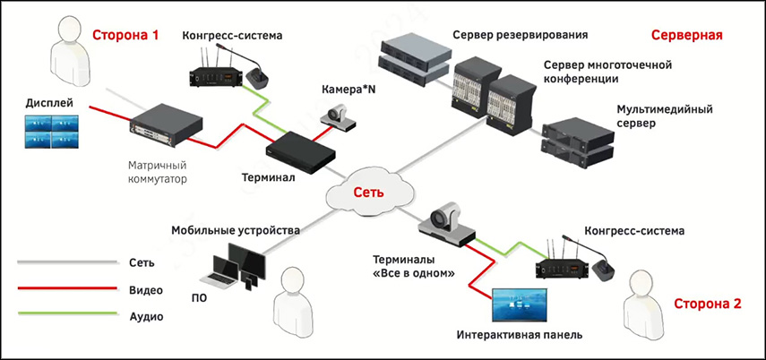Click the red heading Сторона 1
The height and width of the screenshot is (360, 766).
[125, 36]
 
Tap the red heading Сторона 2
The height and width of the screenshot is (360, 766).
[707, 304]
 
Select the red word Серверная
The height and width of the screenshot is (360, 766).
[686, 36]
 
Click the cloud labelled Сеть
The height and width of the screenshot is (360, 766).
[371, 192]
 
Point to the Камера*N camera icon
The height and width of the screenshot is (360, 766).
[340, 115]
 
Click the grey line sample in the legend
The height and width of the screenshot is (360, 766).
[67, 262]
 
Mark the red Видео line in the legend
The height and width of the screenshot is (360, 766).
[67, 289]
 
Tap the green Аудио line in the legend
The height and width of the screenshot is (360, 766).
[67, 315]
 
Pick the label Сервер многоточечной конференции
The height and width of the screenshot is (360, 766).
[607, 72]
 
